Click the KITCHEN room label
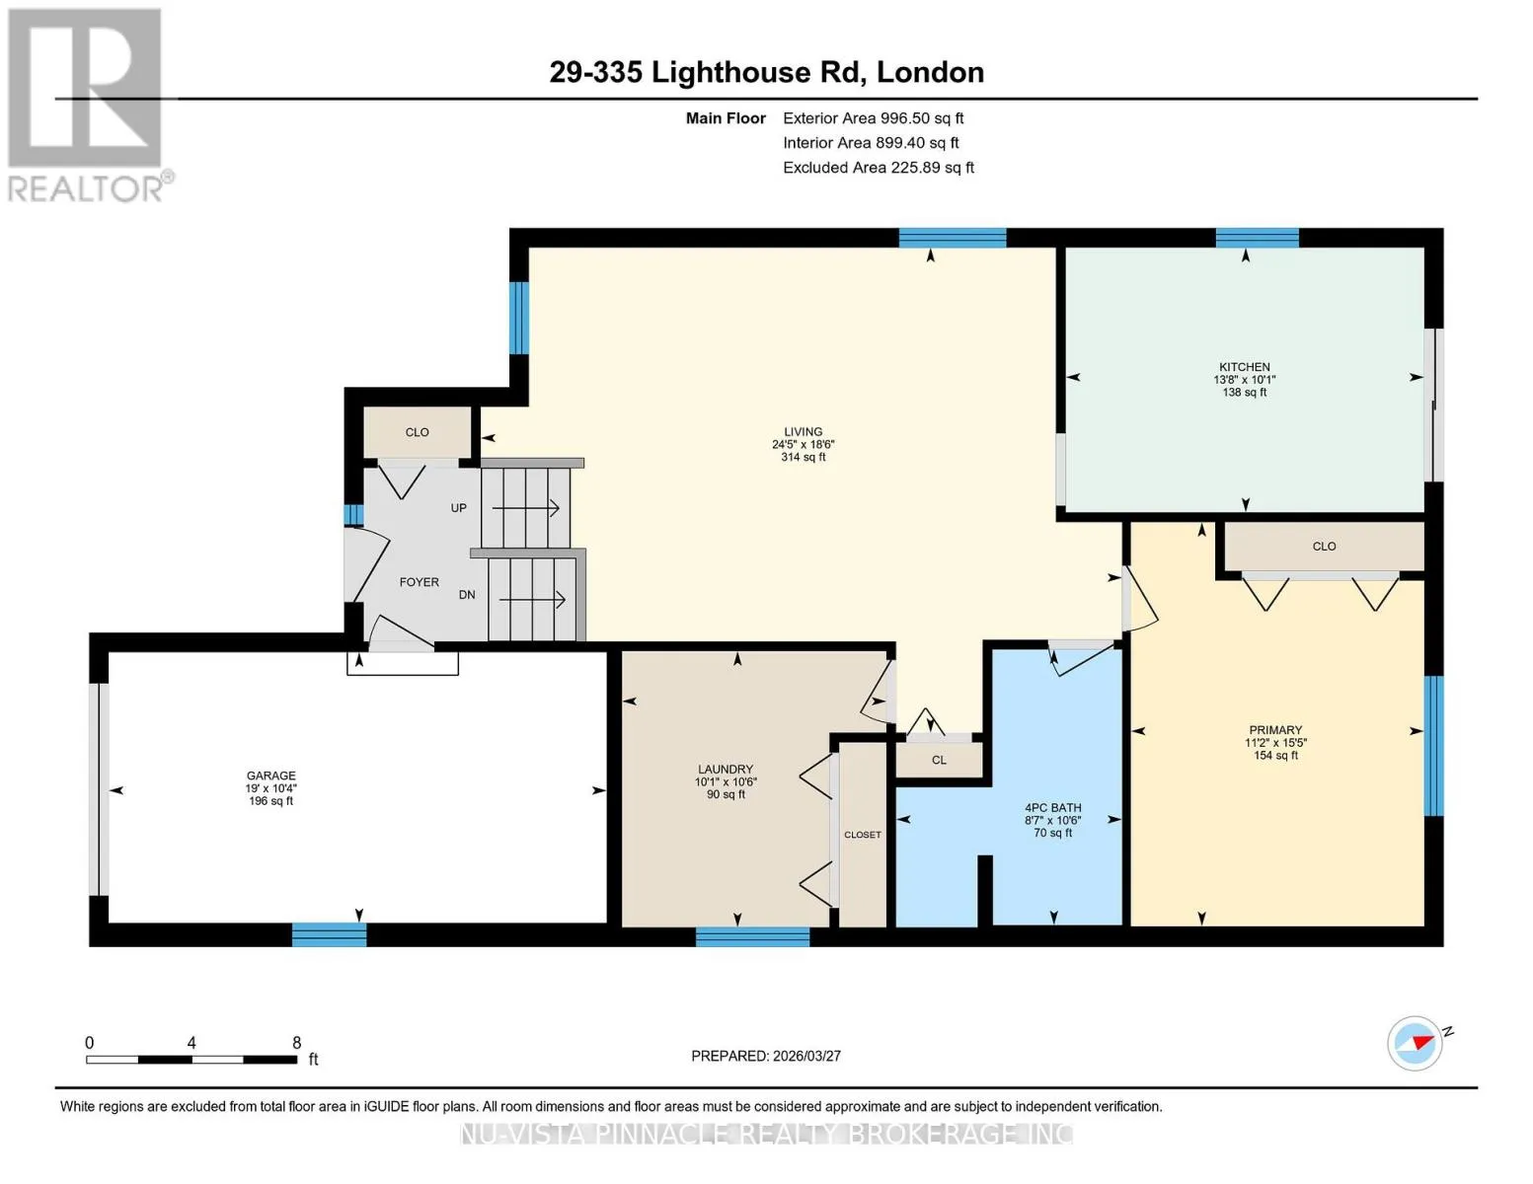click(x=1244, y=367)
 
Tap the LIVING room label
click(x=803, y=431)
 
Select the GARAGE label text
click(x=270, y=776)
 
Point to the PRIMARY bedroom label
click(x=1275, y=730)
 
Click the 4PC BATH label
click(x=1052, y=808)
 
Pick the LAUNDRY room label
click(x=726, y=770)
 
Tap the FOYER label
click(x=420, y=582)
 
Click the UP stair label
click(x=459, y=508)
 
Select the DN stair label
click(x=467, y=595)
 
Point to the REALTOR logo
click(x=88, y=106)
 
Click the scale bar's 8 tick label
click(x=296, y=1043)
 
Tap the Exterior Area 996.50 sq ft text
click(x=873, y=118)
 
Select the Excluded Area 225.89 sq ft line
click(x=879, y=168)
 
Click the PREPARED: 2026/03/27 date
click(x=766, y=1057)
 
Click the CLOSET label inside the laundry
click(x=862, y=835)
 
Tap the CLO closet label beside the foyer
click(x=417, y=432)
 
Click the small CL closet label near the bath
click(x=939, y=760)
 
